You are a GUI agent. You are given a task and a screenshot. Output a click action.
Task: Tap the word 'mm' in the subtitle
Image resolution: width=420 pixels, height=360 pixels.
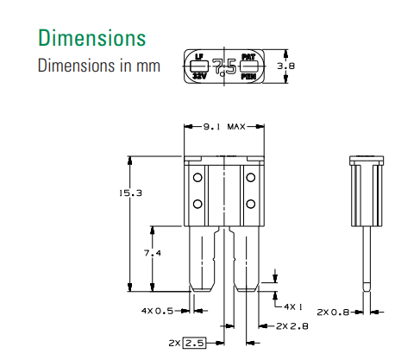coord(147,66)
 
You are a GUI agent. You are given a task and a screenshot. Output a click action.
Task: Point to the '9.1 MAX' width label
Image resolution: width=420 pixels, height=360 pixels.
coord(224,126)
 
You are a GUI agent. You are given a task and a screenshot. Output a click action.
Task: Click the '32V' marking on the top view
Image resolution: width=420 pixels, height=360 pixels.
coord(199,76)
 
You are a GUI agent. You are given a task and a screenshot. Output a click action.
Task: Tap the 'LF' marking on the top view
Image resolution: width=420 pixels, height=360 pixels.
coord(199,57)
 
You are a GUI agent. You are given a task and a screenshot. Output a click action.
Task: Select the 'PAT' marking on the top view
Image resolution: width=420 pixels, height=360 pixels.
coord(248,57)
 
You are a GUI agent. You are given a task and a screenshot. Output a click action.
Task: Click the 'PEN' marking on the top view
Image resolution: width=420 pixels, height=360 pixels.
coord(248,76)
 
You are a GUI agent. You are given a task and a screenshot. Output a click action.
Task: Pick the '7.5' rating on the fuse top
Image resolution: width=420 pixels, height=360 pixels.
coord(223,66)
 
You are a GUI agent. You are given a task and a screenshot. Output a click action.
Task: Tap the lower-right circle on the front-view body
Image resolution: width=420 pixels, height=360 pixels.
coord(251,204)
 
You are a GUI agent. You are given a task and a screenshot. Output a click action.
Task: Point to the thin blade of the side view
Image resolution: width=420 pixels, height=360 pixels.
coord(367,255)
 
